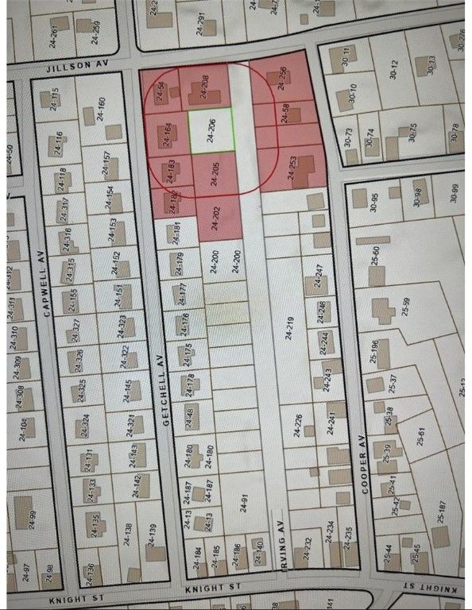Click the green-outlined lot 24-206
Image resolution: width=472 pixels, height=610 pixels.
pos(211,130)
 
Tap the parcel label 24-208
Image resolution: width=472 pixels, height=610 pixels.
pos(204,87)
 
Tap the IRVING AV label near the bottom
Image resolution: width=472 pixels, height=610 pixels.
pos(280,539)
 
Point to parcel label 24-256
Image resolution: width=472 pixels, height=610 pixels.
pos(283,81)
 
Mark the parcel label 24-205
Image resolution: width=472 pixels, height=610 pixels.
pos(214,173)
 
